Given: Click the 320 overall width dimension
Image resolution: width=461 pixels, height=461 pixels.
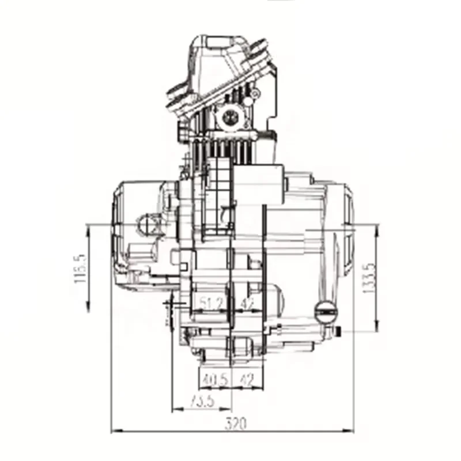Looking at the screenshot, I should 235,424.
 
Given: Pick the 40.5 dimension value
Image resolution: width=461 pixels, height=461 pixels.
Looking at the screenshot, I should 214,380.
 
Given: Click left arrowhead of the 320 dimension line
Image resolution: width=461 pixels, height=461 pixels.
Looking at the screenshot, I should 113,430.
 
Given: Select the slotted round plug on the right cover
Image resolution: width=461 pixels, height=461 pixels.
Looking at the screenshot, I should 326,312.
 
